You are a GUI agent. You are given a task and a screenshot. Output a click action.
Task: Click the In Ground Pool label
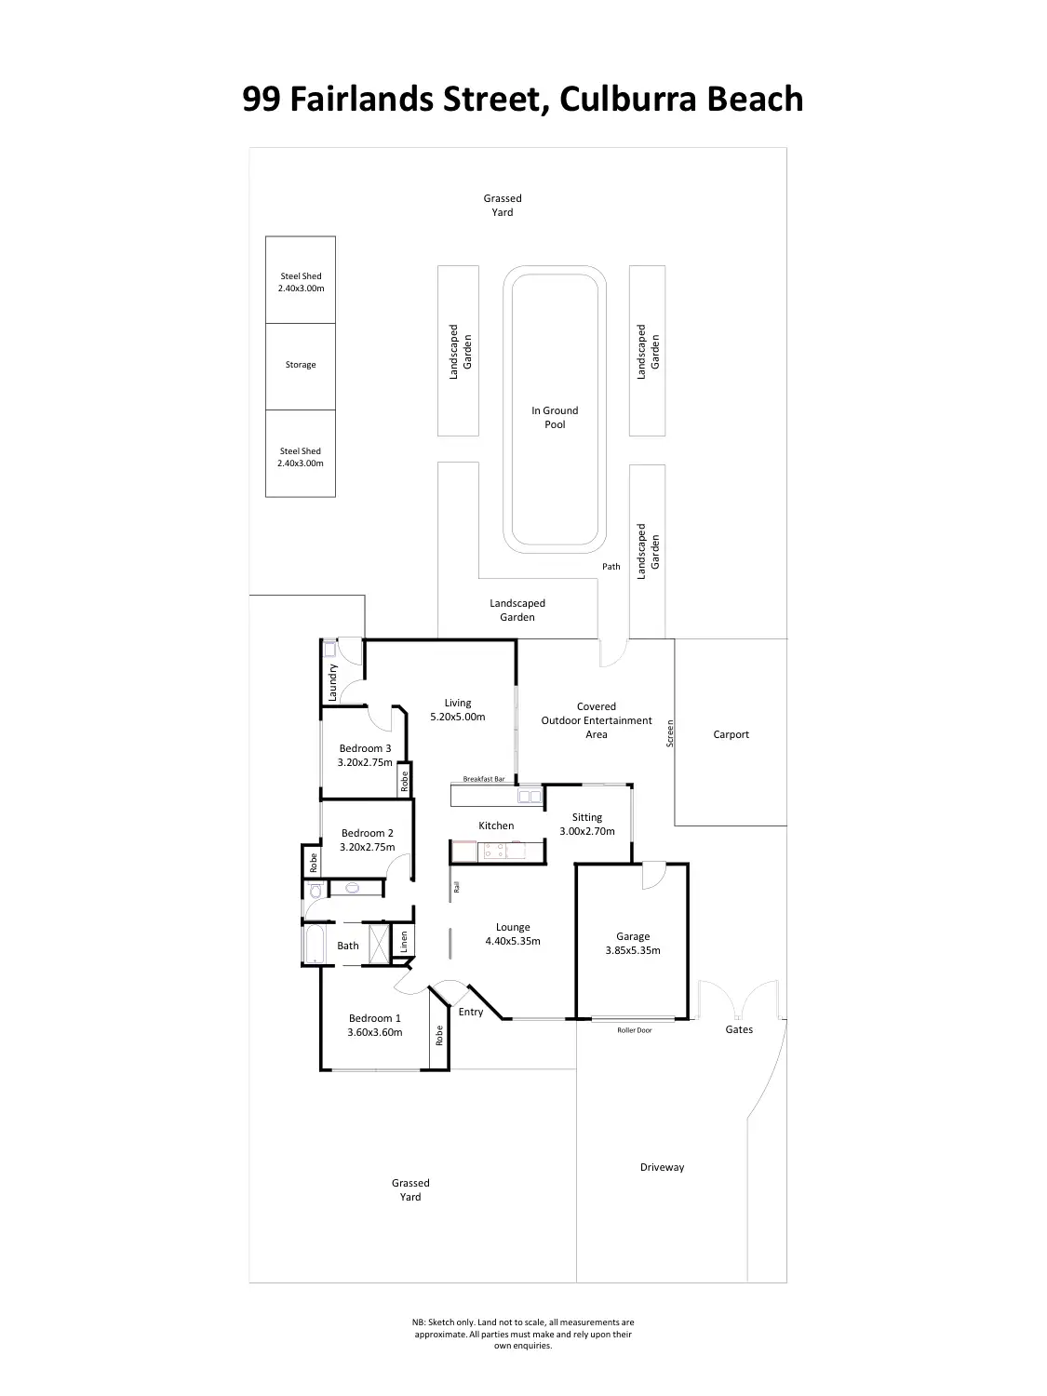555,417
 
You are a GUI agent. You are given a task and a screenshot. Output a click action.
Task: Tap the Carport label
731,734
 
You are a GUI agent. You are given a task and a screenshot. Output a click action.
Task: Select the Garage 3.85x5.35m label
633,944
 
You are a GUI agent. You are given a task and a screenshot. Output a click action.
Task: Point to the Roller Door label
635,1030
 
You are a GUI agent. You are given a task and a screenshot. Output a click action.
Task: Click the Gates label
739,1029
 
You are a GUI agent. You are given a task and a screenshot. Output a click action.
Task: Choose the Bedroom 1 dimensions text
375,1032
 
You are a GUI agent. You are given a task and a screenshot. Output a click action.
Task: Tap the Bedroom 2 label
368,833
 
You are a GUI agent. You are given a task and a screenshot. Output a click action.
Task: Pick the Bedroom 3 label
365,748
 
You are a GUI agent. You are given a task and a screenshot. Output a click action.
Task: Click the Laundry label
332,682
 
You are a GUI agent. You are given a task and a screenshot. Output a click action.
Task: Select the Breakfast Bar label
484,779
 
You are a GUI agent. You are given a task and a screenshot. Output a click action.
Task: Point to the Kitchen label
496,826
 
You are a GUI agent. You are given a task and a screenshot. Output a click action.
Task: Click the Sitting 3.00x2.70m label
587,825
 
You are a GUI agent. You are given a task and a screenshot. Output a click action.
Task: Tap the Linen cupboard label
404,941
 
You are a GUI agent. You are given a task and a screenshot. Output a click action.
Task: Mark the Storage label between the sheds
301,365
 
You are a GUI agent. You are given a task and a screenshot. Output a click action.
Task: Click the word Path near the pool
611,566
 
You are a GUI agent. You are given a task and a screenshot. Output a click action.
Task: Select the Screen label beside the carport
669,733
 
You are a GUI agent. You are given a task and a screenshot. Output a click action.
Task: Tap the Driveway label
662,1167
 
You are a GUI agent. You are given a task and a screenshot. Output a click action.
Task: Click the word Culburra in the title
623,99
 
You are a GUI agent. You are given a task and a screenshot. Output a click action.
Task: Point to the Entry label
471,1012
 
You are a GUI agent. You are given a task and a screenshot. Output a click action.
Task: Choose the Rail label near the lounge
456,887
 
